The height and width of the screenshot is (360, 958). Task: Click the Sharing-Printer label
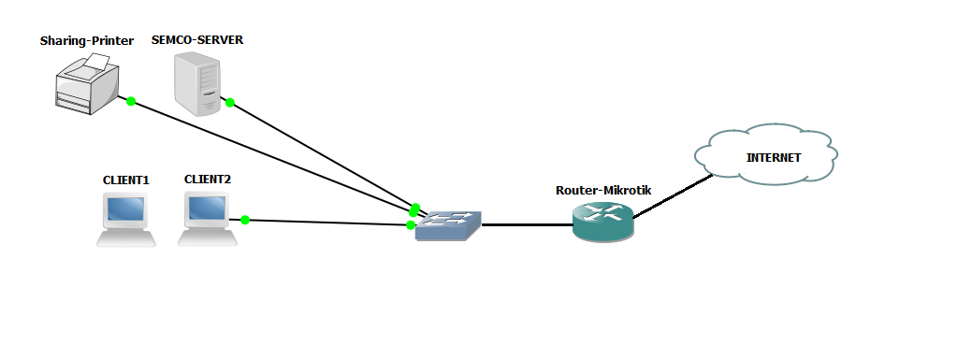coord(87,41)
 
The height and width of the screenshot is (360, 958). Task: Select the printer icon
coord(86,83)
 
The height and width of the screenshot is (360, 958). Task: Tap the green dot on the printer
coord(131,101)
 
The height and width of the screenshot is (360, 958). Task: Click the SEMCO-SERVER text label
coord(197,40)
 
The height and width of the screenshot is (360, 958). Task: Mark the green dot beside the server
coord(229,103)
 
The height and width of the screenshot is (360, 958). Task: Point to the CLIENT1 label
coord(126,180)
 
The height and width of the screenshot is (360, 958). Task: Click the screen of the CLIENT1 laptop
coord(126,209)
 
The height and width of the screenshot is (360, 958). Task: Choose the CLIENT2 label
coord(208,179)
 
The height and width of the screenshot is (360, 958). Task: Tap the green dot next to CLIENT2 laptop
coord(245,220)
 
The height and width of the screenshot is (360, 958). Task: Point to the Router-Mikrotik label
coord(603,190)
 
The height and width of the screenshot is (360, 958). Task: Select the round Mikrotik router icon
coord(603,223)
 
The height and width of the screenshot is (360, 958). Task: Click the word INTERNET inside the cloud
coord(773,157)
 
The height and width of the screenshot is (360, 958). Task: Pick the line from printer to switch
coord(271,154)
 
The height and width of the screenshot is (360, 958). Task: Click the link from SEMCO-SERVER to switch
coord(318,153)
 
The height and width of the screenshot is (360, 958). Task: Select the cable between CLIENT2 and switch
coord(327,223)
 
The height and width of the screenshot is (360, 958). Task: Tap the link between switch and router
coord(527,225)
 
